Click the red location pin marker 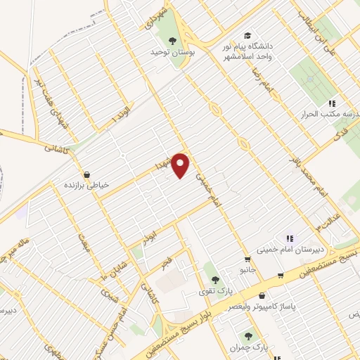pos(181,165)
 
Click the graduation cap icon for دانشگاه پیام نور pos(247,35)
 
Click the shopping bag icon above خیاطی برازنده pos(86,174)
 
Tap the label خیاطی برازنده pos(86,185)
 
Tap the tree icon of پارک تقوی pos(210,267)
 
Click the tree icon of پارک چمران pos(247,336)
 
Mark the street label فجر pos(166,264)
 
